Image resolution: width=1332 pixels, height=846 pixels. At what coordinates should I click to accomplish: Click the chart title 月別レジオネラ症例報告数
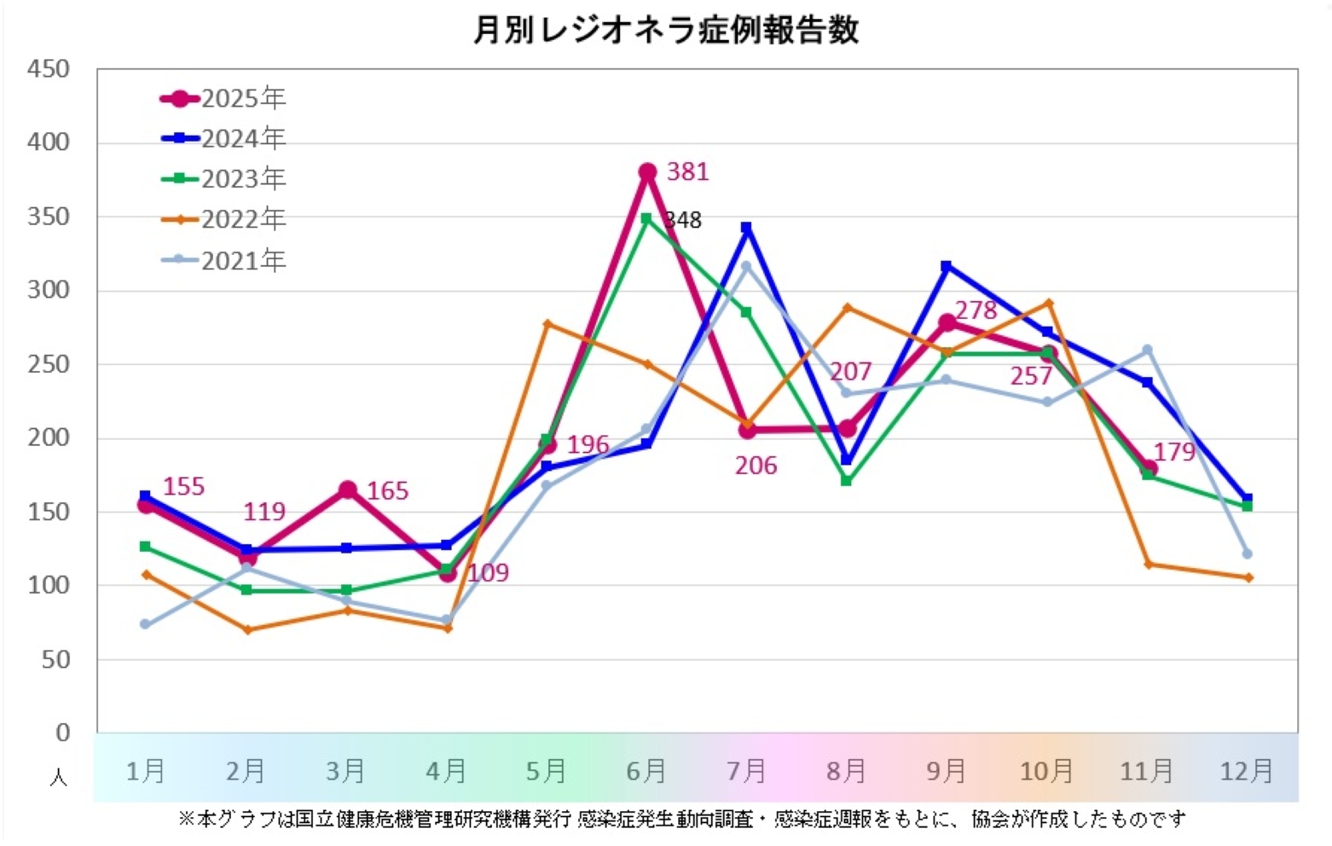665,31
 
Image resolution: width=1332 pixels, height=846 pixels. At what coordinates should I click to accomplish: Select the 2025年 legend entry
223,99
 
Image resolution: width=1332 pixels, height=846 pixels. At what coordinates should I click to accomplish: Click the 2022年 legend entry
223,220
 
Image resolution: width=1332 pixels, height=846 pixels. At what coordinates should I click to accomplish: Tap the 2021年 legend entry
223,260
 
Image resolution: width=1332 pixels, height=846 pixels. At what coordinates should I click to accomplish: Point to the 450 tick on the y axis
48,69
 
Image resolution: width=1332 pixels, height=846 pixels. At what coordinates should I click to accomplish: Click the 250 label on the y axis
48,364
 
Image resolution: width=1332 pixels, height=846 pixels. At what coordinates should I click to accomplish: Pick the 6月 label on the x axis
646,772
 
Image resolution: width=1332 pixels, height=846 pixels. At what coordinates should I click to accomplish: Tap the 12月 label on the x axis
1246,772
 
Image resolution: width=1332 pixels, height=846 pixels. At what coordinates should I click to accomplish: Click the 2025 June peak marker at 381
647,172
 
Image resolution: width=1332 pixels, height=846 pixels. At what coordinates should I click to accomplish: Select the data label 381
687,172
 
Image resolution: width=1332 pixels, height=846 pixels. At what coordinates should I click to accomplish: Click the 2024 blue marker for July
746,228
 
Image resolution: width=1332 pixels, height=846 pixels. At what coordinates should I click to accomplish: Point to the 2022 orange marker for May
547,324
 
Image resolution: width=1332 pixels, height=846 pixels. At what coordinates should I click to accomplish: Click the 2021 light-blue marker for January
145,624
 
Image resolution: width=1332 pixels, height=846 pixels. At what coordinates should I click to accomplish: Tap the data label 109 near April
488,573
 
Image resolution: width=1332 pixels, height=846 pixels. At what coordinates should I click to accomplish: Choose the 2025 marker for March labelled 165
347,490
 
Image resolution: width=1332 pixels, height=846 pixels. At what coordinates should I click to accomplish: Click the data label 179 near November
1174,452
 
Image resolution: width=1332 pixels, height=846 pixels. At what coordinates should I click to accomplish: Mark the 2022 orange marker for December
1248,578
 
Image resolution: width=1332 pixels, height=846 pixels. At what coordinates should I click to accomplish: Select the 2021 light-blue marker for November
1147,350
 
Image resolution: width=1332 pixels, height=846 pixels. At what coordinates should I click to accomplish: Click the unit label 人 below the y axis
58,778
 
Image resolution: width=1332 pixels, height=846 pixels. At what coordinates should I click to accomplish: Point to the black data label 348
684,221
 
